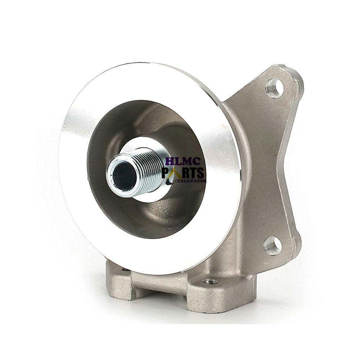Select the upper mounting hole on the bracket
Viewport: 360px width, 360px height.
273,88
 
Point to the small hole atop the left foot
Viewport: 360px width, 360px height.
125,270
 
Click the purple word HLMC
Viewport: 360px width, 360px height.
183,162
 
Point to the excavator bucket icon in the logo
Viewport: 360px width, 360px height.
169,181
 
